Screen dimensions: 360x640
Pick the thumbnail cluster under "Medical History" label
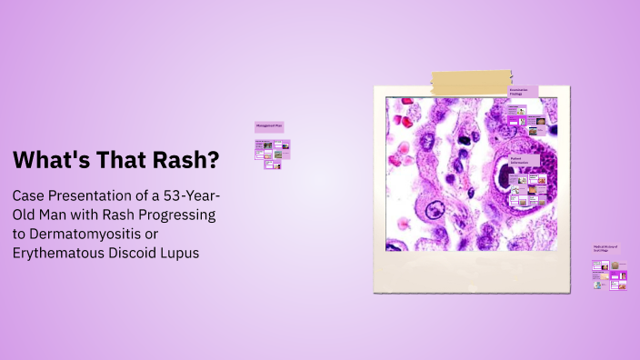coord(608,275)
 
